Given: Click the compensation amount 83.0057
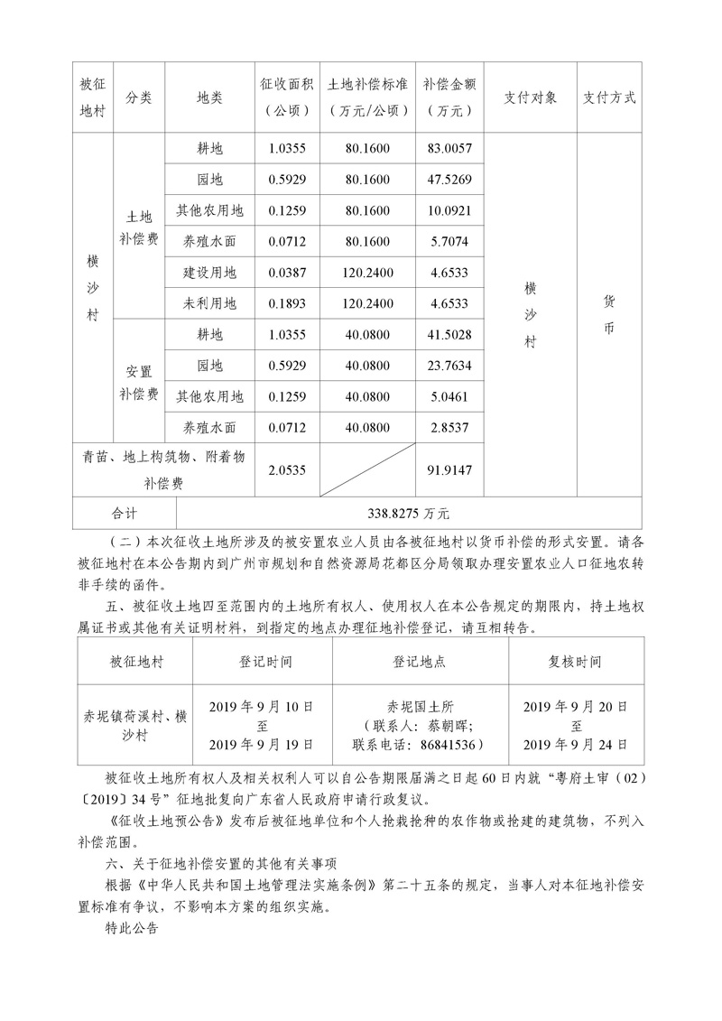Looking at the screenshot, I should [452, 148].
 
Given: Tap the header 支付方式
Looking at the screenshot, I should [609, 97].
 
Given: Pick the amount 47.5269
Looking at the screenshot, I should [452, 179].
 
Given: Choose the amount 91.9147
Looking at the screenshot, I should [452, 469].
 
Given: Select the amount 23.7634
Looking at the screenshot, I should [452, 365].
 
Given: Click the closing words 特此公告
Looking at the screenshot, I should [132, 927].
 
